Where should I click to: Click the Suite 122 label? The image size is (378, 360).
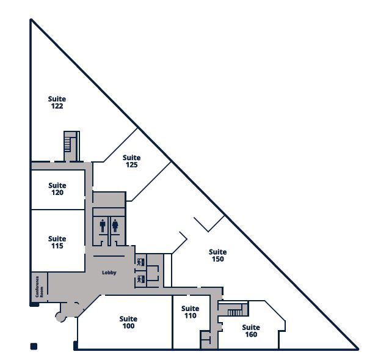57,102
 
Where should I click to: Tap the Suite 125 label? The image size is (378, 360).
131,161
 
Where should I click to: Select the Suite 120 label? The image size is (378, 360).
57,189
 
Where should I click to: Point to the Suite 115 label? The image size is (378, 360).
57,242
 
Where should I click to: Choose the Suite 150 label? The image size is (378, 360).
217,255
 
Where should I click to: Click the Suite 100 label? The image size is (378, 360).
128,322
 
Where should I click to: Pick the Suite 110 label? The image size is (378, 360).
191,312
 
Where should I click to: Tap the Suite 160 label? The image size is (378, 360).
251,331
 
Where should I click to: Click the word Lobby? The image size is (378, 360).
109,273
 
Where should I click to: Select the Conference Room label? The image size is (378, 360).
38,286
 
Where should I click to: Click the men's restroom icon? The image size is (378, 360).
103,226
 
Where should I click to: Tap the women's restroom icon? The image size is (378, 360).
115,226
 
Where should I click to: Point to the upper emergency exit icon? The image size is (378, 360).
140,262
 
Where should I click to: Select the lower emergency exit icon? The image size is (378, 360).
140,279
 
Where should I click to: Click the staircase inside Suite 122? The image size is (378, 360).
68,144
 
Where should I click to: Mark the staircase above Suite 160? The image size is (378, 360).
235,312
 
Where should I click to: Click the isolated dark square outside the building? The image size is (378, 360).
34,347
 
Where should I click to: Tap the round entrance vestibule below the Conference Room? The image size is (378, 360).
61,316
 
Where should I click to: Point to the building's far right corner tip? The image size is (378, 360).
357,349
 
